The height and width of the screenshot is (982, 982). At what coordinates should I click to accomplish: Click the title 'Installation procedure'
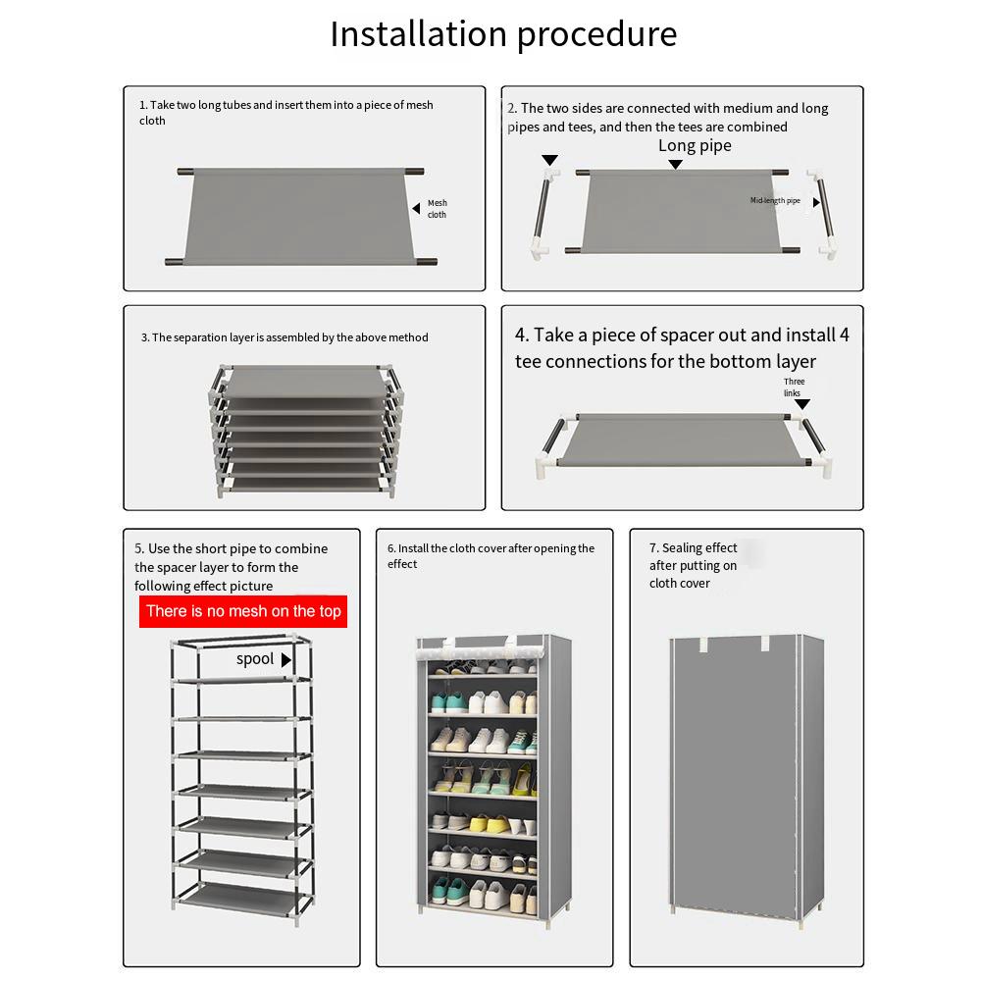coord(503,34)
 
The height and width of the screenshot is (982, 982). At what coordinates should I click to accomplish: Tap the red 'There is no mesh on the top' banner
coord(243,611)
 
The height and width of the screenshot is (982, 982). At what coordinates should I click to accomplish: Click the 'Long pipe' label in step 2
coord(695,146)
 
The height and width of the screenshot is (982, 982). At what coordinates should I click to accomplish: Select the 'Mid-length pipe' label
coord(775,201)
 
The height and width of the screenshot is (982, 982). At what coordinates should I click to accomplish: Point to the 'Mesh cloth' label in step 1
coord(437,209)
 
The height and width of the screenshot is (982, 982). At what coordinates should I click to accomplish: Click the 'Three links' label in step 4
coord(794,388)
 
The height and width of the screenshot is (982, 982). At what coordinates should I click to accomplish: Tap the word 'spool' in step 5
coord(255,659)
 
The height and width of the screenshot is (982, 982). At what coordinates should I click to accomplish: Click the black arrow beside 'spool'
coord(286,660)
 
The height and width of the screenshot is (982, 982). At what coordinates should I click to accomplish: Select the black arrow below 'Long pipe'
coord(675,165)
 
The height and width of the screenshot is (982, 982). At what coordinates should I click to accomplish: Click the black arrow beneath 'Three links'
coord(802,404)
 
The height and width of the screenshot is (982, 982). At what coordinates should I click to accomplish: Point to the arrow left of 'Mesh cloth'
coord(416,208)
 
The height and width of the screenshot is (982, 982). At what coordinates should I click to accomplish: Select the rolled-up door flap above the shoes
coord(481,647)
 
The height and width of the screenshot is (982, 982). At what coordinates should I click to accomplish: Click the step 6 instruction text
coord(491,556)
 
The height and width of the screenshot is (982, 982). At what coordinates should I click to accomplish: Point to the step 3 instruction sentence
coord(284,337)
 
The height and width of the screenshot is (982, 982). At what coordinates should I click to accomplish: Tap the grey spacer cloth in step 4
coord(677,439)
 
